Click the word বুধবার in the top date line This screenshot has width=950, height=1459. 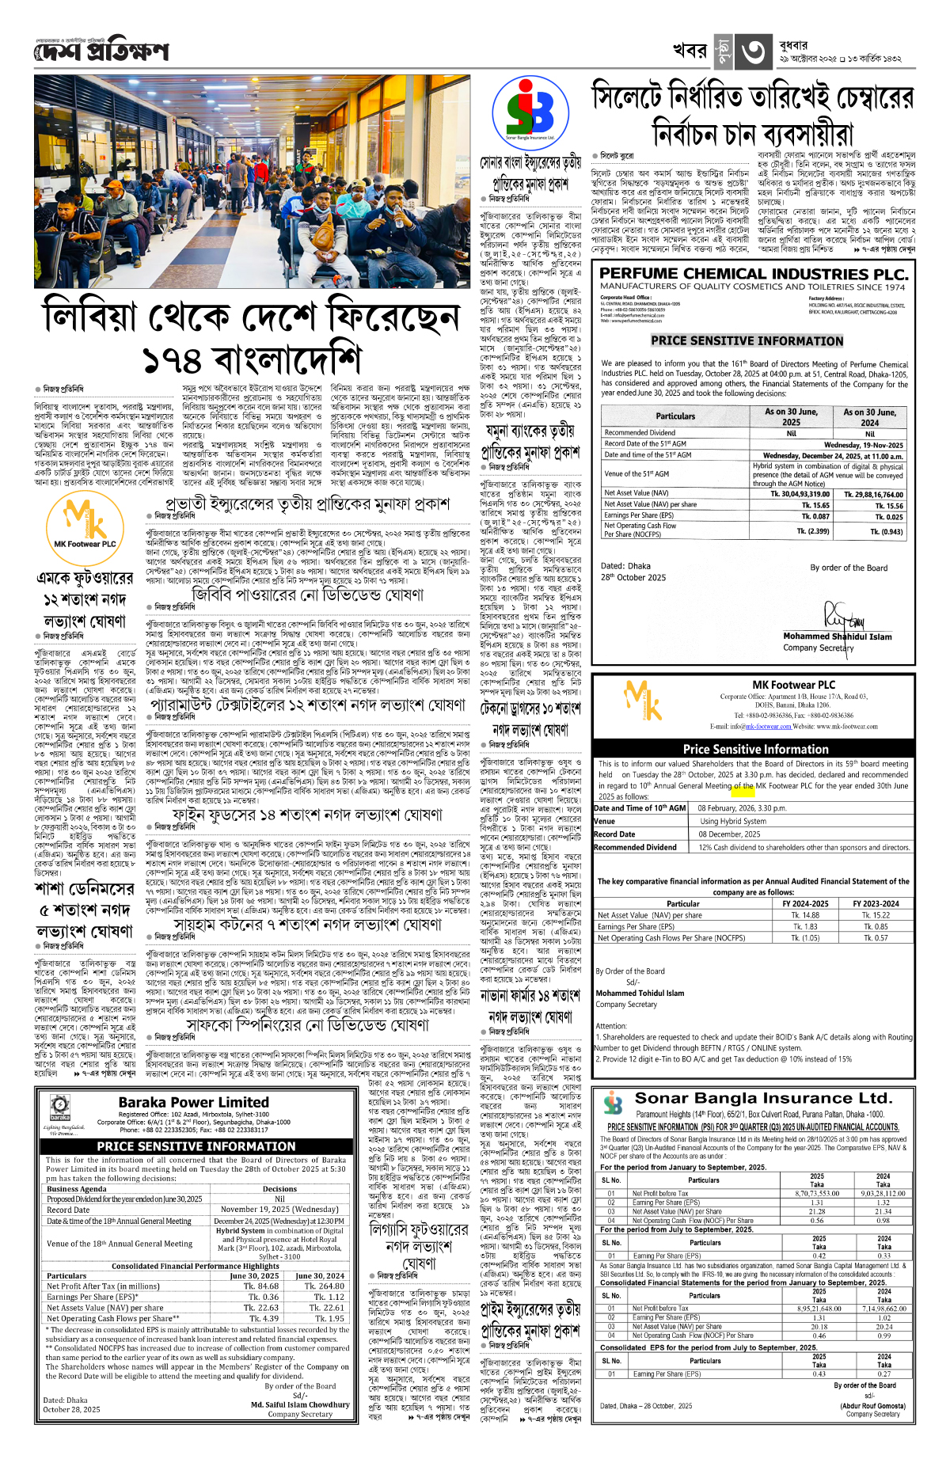[793, 45]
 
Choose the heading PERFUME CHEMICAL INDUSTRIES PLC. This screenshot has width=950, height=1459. [753, 274]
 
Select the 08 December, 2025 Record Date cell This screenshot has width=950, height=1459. [728, 834]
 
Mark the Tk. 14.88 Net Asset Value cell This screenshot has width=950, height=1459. [805, 915]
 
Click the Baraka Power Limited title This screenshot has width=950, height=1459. [194, 1102]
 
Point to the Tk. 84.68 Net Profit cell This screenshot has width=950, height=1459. [260, 1286]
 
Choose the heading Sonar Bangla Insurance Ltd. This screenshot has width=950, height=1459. [763, 1098]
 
